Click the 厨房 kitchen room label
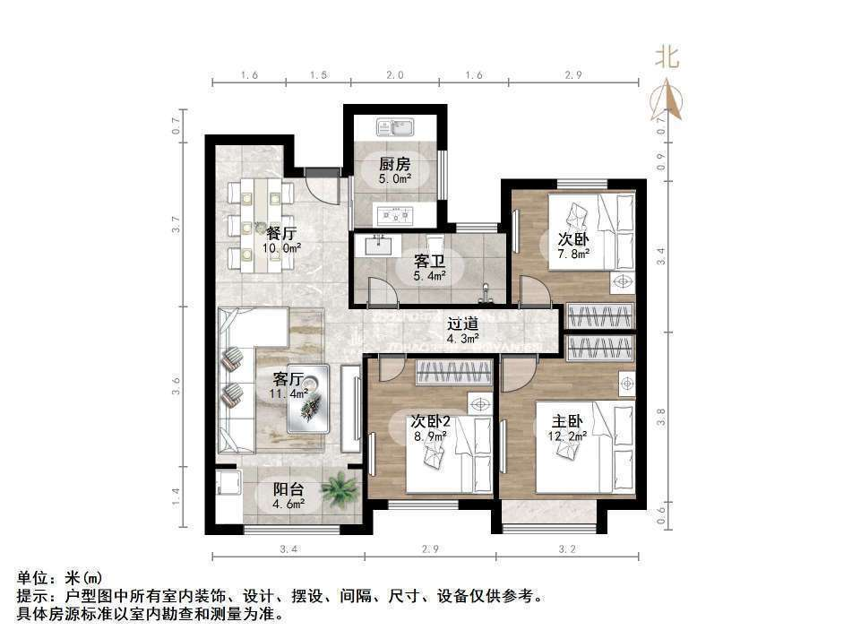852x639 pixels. click(394, 163)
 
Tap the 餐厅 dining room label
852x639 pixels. click(280, 233)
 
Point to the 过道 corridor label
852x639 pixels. click(462, 324)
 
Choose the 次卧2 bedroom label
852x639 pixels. click(430, 420)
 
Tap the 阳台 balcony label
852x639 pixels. click(288, 489)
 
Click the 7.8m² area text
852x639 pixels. click(573, 254)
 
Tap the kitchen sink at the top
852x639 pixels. click(394, 126)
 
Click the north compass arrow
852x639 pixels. click(667, 100)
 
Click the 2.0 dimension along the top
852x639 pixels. click(396, 75)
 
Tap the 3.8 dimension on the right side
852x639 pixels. click(661, 416)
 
